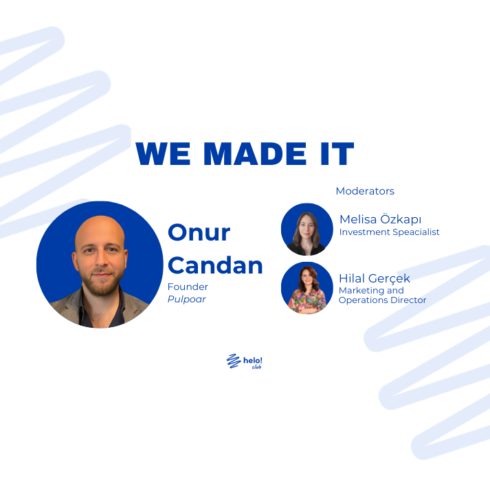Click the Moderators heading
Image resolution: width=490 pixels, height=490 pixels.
(x=365, y=191)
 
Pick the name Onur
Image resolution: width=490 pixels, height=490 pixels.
(x=199, y=232)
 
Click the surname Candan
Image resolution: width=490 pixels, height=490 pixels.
(x=215, y=265)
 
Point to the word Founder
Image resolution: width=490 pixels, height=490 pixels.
(x=188, y=287)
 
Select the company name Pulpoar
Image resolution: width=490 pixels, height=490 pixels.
(x=187, y=300)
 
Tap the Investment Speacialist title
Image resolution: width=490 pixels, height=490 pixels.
(x=389, y=232)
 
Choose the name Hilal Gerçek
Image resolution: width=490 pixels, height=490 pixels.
(x=375, y=278)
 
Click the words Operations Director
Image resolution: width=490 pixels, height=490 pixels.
(x=382, y=300)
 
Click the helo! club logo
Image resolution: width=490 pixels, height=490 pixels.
(x=245, y=361)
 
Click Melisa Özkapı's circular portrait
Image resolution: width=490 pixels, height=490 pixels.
(x=307, y=229)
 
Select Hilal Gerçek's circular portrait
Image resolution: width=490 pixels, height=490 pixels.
(x=307, y=288)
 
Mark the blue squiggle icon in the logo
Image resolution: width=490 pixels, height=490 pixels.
(x=233, y=361)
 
